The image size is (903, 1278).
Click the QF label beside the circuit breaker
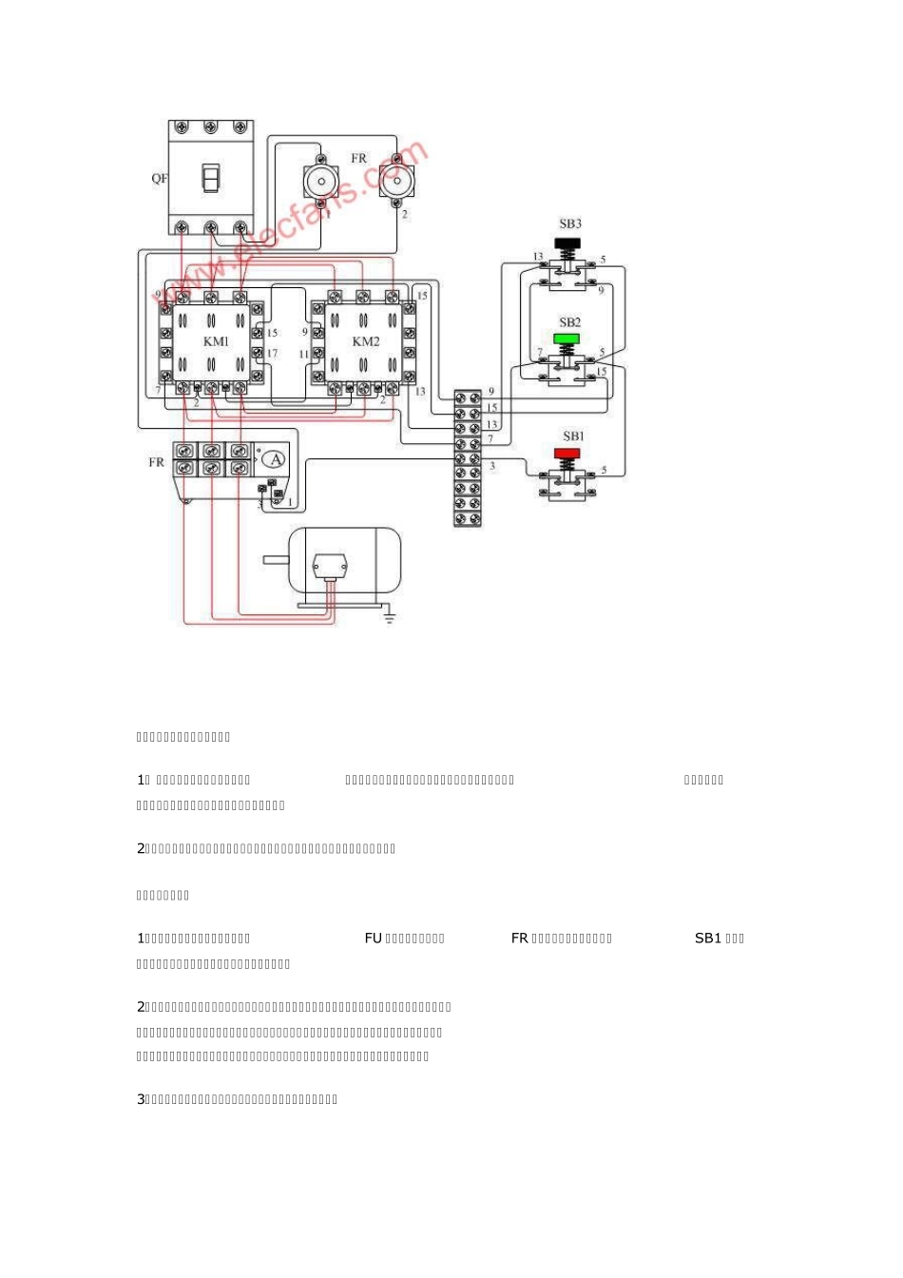click(x=160, y=179)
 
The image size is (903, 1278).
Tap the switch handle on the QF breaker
click(x=211, y=178)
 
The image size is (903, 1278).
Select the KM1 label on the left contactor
click(x=216, y=341)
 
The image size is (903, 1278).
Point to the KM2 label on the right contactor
click(x=366, y=341)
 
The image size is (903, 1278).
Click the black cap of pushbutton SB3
click(x=568, y=243)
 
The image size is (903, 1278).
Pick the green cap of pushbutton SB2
click(x=567, y=338)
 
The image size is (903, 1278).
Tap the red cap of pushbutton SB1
click(x=567, y=453)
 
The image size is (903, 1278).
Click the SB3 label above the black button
click(x=570, y=224)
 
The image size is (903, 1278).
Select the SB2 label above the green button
click(x=569, y=323)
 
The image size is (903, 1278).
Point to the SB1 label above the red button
click(x=573, y=436)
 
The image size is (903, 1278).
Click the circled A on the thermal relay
click(x=275, y=459)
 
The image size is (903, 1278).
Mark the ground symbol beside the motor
click(x=389, y=618)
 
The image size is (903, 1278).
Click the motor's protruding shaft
click(x=276, y=559)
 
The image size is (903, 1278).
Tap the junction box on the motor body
click(x=330, y=566)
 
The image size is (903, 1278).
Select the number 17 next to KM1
click(x=272, y=354)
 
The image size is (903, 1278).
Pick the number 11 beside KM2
click(x=304, y=355)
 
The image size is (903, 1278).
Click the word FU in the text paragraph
click(x=373, y=939)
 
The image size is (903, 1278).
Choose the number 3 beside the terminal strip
click(x=492, y=466)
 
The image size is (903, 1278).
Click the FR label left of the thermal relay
click(x=157, y=462)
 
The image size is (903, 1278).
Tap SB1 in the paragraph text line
click(x=708, y=939)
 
